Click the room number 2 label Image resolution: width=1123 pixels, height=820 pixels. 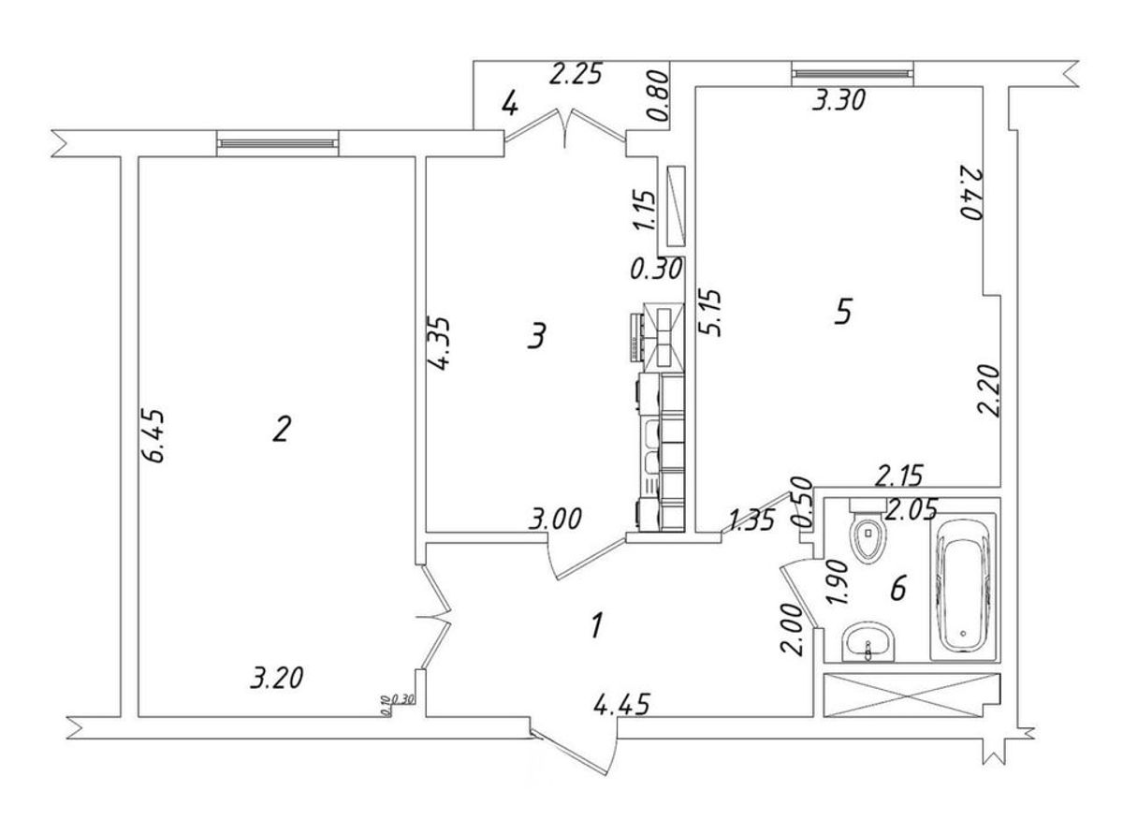[x=282, y=430]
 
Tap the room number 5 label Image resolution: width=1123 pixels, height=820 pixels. [x=842, y=312]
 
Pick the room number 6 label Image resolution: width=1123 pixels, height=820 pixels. [x=897, y=589]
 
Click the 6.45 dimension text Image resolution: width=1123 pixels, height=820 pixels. [x=154, y=436]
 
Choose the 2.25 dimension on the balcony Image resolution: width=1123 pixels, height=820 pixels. [x=576, y=74]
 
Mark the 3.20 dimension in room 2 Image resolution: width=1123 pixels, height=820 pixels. [x=279, y=678]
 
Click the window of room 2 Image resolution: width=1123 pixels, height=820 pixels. [x=277, y=141]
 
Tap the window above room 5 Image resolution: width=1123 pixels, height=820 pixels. [x=851, y=72]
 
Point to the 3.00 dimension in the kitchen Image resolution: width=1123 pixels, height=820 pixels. [x=556, y=518]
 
